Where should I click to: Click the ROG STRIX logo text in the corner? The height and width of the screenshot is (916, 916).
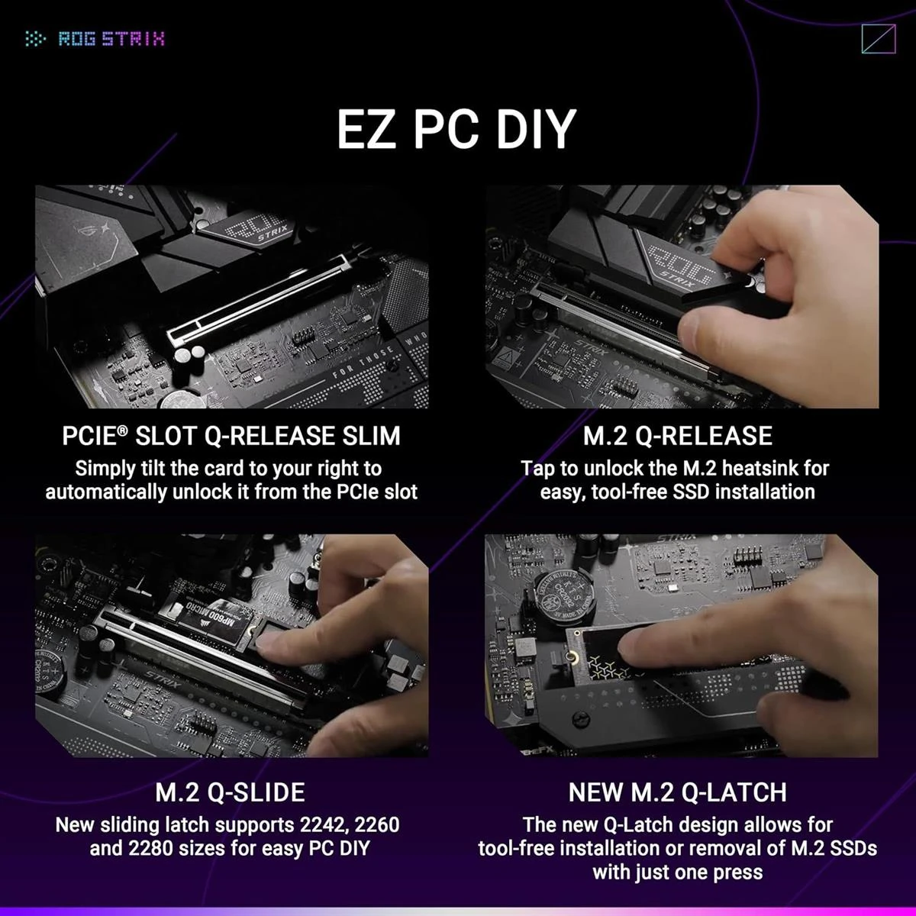click(111, 39)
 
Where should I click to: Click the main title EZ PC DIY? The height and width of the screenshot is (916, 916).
click(456, 128)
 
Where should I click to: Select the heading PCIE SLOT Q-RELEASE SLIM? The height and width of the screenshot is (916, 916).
click(231, 436)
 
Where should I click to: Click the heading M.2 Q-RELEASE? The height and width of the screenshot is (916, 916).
click(678, 436)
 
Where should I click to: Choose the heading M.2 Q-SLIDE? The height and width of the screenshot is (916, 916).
click(230, 792)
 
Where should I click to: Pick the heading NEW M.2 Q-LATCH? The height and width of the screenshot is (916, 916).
click(678, 792)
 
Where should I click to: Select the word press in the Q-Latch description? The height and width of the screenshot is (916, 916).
click(737, 872)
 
